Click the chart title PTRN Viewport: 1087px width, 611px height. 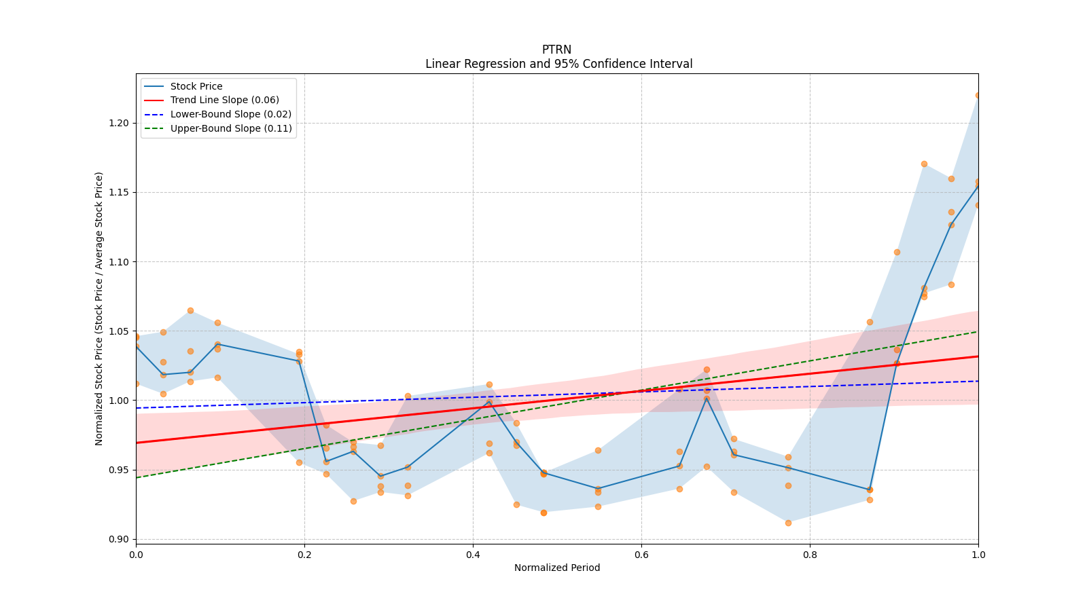pos(556,50)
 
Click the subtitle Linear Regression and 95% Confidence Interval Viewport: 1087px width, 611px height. pos(558,64)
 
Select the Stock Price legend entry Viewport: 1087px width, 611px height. pos(196,86)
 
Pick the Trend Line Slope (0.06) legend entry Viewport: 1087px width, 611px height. pos(224,100)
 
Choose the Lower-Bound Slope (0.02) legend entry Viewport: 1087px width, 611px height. pos(230,115)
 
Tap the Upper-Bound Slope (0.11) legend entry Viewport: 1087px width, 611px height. pos(231,128)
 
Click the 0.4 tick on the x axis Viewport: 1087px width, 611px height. pos(473,554)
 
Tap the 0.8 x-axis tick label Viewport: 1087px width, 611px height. pos(810,554)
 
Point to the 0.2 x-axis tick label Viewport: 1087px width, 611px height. pos(304,554)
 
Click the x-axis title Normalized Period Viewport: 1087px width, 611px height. pos(557,568)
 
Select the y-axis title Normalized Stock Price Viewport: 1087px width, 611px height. pos(99,308)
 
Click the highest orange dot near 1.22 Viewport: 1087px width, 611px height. pos(978,96)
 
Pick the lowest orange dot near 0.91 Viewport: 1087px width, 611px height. pos(788,523)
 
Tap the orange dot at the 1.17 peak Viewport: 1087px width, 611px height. pos(924,164)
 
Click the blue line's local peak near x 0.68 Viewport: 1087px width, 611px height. pos(707,399)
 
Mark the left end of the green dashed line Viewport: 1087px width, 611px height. pos(137,477)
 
